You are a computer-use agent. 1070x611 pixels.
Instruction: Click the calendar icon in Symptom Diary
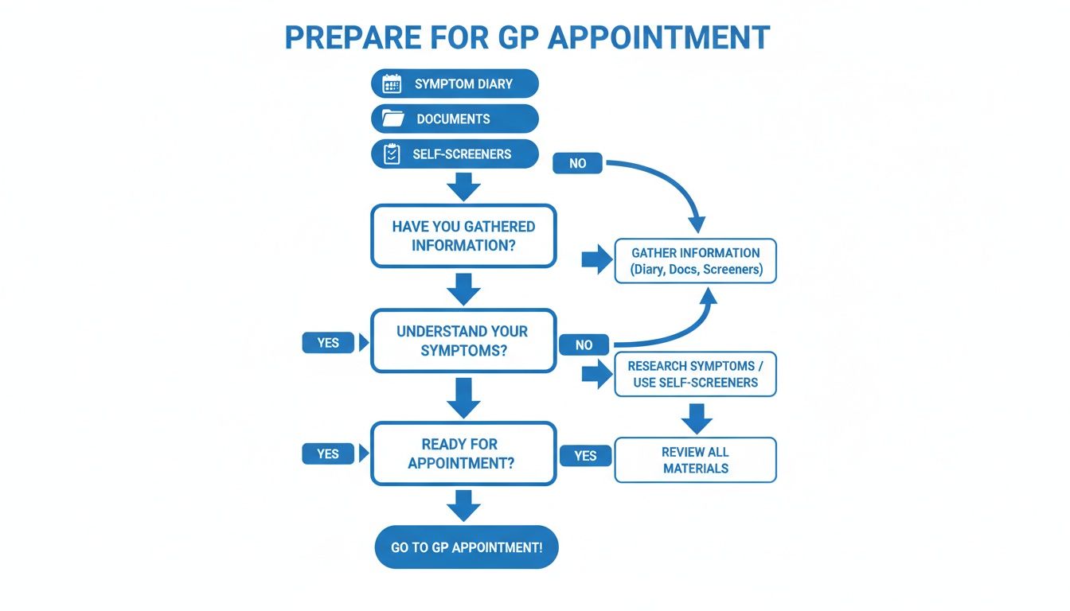click(x=392, y=84)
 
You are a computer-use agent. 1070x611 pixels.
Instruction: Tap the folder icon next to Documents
click(x=392, y=119)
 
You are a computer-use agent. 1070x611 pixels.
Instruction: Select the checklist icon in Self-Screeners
click(x=392, y=154)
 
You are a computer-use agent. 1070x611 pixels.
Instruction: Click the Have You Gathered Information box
click(x=463, y=236)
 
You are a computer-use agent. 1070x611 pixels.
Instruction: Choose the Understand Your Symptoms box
click(x=463, y=341)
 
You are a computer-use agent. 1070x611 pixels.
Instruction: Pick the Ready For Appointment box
click(x=463, y=453)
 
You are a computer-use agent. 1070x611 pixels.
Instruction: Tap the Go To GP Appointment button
click(x=466, y=547)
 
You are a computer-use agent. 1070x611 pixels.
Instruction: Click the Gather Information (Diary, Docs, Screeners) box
click(x=696, y=261)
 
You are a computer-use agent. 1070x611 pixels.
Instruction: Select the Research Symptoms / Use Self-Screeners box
click(x=695, y=374)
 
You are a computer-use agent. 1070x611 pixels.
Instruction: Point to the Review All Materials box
click(x=695, y=460)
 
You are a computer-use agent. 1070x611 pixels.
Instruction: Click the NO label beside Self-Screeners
click(x=578, y=163)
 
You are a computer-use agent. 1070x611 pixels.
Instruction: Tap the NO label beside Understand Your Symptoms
click(x=584, y=344)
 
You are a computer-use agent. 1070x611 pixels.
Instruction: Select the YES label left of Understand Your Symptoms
click(x=328, y=343)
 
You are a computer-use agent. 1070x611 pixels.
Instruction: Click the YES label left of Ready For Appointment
click(x=328, y=454)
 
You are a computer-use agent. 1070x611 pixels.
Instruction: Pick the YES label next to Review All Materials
click(x=585, y=455)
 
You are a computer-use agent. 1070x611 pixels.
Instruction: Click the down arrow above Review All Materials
click(x=697, y=418)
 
